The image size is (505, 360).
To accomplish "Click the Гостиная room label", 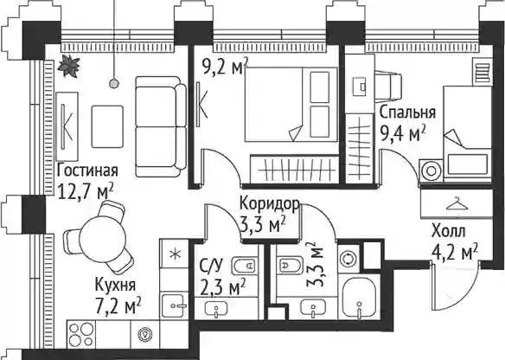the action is point(87,170).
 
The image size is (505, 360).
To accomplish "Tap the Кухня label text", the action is point(115,285).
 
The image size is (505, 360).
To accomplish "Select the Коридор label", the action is point(270,203).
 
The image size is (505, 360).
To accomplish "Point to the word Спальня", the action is point(407,113).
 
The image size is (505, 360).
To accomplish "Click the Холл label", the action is point(448,231).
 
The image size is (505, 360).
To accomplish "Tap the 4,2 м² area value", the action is point(455,252).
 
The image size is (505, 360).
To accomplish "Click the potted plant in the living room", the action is point(68,66).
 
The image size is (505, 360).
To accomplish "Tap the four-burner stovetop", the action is point(81,334).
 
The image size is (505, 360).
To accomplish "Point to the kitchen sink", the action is point(175,305).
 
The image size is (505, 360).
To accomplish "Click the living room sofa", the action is point(161,126).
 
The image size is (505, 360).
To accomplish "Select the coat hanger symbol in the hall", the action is point(457,203).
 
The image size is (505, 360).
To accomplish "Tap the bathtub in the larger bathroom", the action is point(359,298).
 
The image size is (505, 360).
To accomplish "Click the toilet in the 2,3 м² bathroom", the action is point(245,266).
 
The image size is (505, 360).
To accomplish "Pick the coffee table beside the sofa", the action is point(107,126).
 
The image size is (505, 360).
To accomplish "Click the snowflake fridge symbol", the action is point(175,254).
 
